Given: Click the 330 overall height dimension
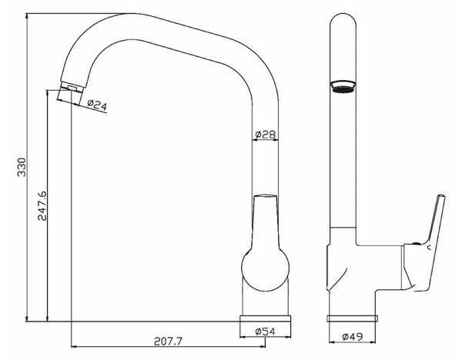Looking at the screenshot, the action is point(22,167).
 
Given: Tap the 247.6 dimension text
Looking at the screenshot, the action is point(42,205).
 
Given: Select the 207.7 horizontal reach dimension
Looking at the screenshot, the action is point(168,342).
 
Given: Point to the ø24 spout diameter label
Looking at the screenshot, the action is point(97,105).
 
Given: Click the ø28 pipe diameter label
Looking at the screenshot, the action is point(266,134).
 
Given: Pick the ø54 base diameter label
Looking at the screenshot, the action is point(265,332).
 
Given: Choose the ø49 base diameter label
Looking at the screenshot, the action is point(353,336).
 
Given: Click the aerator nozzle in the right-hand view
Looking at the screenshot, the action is point(343,87).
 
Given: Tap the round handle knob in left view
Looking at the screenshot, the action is point(265,268).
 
